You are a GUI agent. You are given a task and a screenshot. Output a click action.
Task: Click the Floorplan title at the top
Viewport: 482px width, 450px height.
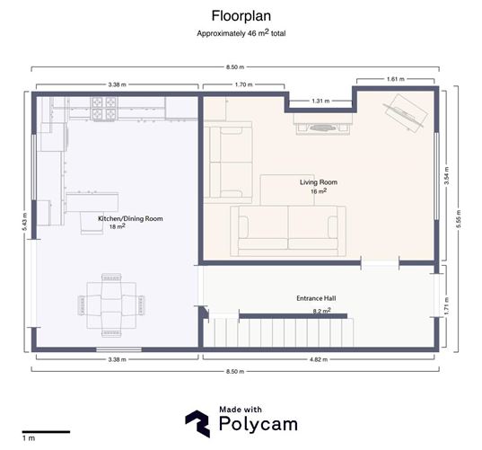click(x=240, y=15)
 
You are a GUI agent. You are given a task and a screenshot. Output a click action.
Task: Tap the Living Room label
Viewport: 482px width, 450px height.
click(x=319, y=182)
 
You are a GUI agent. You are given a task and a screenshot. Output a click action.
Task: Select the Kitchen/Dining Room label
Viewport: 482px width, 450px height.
click(x=130, y=219)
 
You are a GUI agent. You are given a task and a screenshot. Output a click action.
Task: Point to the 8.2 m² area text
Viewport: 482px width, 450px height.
click(x=321, y=310)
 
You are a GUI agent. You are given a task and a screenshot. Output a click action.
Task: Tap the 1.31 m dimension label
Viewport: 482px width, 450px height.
click(x=320, y=101)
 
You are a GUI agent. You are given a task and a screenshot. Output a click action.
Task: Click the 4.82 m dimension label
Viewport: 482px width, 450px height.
click(x=320, y=359)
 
